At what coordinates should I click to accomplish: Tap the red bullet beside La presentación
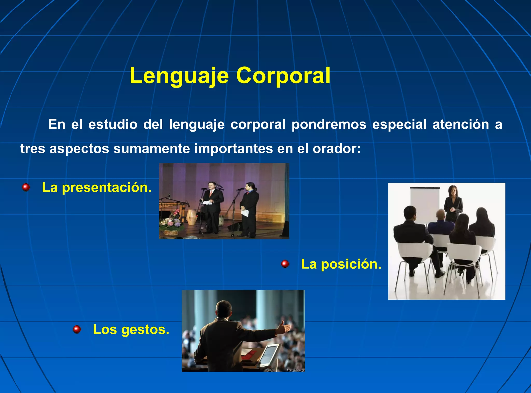[26, 187]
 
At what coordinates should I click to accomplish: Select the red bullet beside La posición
[285, 264]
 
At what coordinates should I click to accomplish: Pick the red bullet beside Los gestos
[77, 329]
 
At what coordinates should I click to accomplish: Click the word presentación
[107, 188]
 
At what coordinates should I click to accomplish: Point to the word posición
[351, 264]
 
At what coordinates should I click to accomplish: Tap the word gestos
[145, 330]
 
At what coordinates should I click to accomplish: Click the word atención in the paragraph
[460, 124]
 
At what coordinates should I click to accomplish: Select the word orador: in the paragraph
[337, 149]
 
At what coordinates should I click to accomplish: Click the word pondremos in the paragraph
[329, 124]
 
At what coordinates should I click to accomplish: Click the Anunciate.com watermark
[295, 370]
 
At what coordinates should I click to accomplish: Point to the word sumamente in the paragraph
[151, 149]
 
